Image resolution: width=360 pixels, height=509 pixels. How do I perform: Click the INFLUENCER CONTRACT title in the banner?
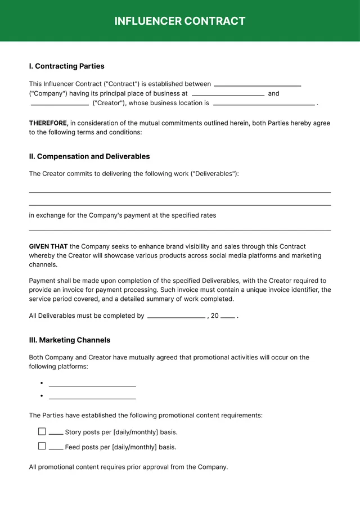(x=180, y=21)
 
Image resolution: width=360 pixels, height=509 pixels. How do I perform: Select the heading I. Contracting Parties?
(x=66, y=66)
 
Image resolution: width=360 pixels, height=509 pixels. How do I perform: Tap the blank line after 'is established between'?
(x=257, y=85)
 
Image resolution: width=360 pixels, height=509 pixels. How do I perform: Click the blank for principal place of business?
(x=228, y=94)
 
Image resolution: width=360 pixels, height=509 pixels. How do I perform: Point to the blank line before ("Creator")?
(x=60, y=104)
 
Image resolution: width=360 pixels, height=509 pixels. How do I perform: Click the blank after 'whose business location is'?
(x=264, y=104)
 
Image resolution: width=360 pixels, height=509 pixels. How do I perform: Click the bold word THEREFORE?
(x=48, y=123)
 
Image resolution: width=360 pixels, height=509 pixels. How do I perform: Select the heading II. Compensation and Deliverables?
(x=89, y=157)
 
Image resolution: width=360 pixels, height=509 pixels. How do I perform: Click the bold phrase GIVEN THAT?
(x=48, y=246)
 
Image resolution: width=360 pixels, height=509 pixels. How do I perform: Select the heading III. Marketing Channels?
(x=70, y=340)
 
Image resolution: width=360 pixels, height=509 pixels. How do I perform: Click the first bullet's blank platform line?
(x=92, y=385)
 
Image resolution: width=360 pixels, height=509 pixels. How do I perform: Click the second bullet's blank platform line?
(x=92, y=398)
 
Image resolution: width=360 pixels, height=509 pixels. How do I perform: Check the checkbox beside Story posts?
(x=42, y=431)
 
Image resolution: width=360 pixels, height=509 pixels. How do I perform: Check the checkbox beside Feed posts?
(x=42, y=446)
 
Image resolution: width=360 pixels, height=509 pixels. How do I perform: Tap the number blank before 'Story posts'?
(x=56, y=433)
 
